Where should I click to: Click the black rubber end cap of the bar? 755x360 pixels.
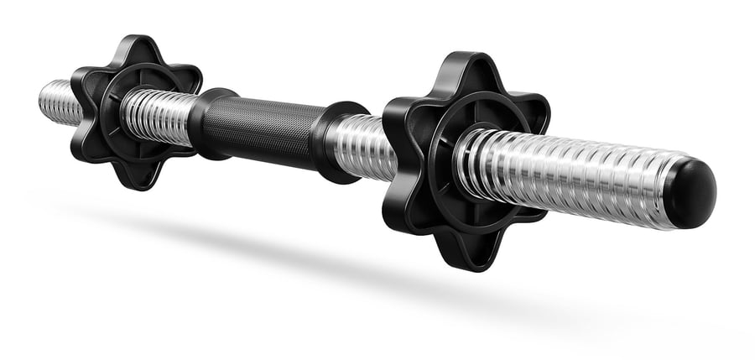tap(693, 194)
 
